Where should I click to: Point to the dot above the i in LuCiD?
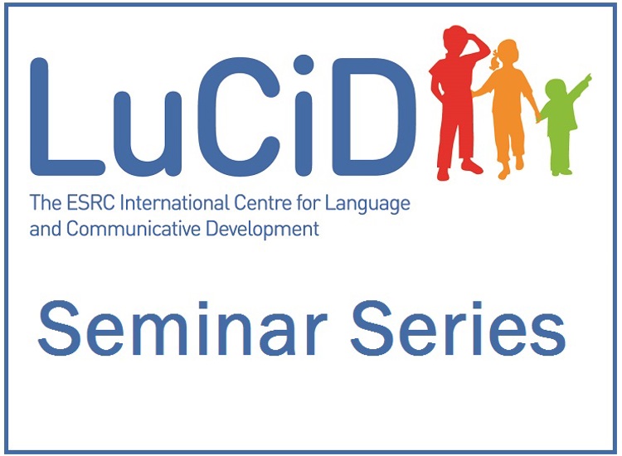(304, 65)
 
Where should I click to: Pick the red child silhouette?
(456, 103)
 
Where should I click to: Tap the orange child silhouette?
(506, 107)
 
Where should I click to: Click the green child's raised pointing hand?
(587, 77)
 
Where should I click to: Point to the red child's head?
(456, 39)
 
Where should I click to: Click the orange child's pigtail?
(494, 61)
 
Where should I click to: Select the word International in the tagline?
(174, 203)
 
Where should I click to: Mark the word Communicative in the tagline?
(134, 229)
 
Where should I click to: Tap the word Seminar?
(182, 328)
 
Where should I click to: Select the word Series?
(458, 328)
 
